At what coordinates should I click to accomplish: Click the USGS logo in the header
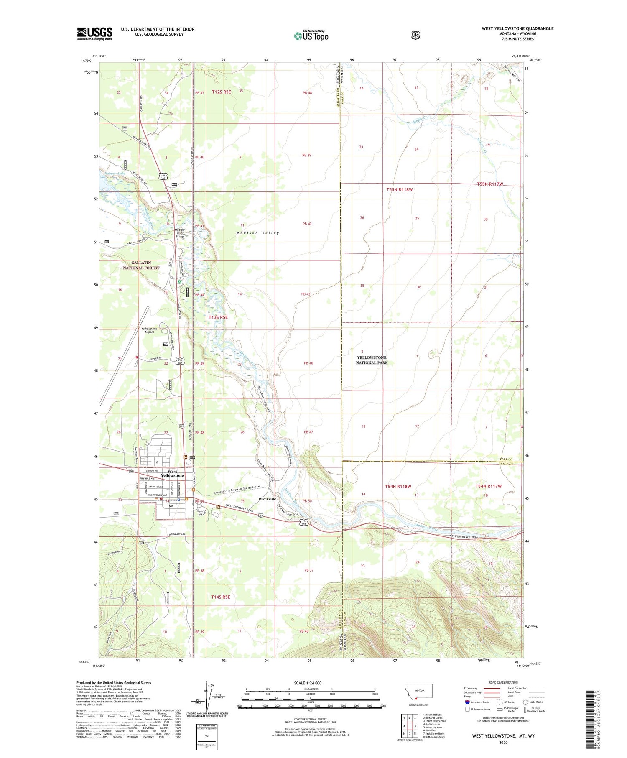pos(94,33)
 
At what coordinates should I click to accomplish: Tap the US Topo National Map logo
pos(311,36)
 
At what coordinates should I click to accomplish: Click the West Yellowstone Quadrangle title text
pos(517,28)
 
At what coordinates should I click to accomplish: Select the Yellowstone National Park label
pos(372,360)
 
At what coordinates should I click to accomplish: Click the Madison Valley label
pos(257,233)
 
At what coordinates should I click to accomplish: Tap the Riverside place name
pos(267,499)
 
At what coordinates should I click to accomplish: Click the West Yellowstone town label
pos(172,473)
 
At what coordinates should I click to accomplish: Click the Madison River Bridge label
pos(180,233)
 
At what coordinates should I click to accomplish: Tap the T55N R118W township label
pos(399,189)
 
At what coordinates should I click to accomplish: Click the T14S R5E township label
pos(221,597)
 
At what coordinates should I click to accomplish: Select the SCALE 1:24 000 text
pos(308,683)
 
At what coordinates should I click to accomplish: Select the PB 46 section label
pos(308,363)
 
